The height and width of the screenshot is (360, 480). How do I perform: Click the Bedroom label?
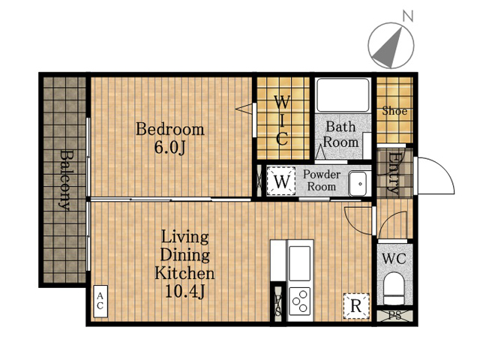coord(170,129)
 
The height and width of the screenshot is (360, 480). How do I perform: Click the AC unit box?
coord(100,301)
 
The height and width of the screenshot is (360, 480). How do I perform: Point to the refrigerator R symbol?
coord(356,306)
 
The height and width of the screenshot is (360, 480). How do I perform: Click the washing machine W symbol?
coord(281,181)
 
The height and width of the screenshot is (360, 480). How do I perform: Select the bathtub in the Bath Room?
coord(343,95)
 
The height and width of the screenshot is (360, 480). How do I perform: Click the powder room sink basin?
coord(358,184)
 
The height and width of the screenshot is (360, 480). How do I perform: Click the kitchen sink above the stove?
coord(300,263)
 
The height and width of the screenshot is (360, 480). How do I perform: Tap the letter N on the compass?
coord(408,16)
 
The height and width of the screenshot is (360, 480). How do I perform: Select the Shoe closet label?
coord(394,111)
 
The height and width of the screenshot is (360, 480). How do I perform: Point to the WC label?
coord(394,259)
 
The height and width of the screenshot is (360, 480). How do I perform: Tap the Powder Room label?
coord(322,180)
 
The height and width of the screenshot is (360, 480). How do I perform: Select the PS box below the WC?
coord(395,316)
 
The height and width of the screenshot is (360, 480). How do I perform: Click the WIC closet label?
coord(282,121)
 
